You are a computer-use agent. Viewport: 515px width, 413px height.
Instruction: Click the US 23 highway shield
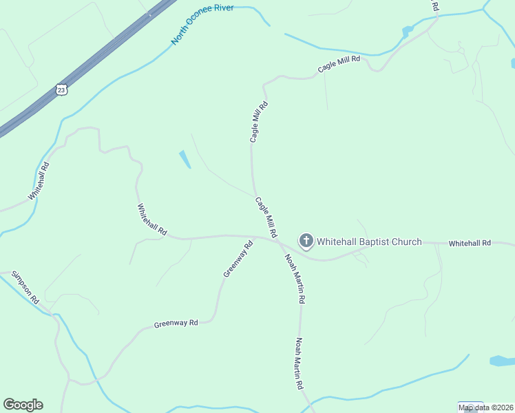click(x=61, y=89)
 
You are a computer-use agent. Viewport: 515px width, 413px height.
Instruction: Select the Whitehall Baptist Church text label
click(x=369, y=242)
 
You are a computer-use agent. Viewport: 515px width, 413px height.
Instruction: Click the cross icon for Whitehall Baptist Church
click(x=306, y=241)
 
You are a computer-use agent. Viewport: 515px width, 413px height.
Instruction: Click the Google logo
click(x=23, y=405)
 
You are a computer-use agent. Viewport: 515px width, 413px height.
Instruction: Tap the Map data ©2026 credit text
click(x=486, y=407)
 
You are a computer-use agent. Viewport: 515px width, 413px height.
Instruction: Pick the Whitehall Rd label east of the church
click(x=470, y=244)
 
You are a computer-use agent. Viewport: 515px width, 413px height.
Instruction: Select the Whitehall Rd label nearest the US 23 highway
click(x=39, y=181)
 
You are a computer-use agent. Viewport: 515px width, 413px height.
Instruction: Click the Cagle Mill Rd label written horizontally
click(x=339, y=64)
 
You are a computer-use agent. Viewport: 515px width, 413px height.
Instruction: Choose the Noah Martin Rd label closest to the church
click(x=295, y=279)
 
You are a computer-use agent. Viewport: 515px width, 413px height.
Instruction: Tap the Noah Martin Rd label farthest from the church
click(x=300, y=363)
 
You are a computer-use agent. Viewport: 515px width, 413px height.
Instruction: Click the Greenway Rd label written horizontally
click(x=176, y=323)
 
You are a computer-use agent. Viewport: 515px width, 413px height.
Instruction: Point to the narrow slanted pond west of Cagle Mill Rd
click(x=185, y=160)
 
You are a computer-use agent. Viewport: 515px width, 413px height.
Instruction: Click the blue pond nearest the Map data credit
click(x=501, y=361)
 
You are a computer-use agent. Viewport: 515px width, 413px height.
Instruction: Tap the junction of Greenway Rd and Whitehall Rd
click(x=253, y=237)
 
